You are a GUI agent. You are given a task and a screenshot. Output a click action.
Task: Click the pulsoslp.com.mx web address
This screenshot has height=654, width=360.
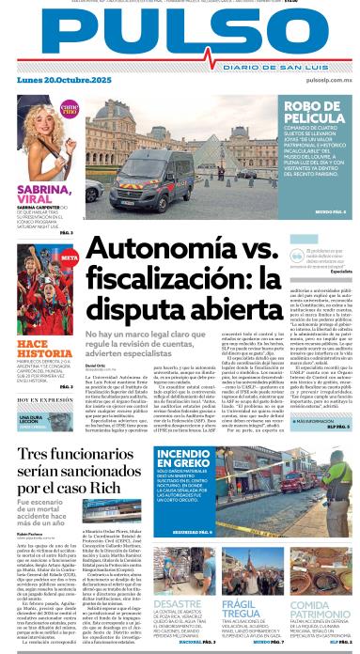point(324,81)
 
